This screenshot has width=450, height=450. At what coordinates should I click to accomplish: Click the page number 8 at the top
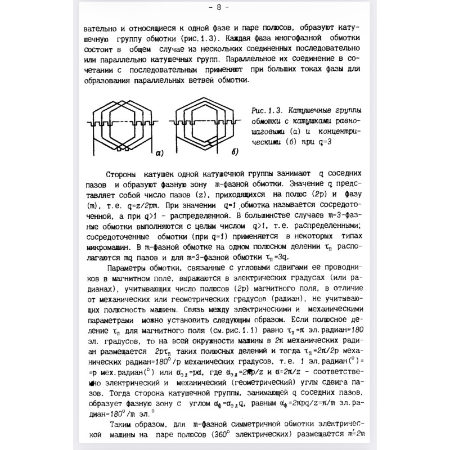(226, 7)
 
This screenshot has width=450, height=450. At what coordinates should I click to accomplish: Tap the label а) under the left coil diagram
(159, 151)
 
